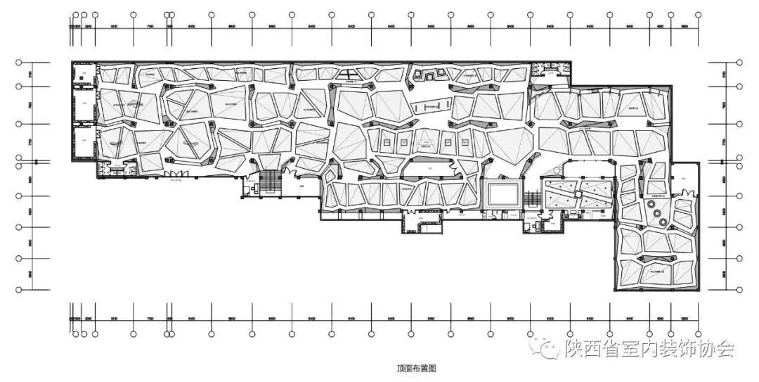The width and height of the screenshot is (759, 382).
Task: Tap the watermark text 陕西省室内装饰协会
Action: coord(650,349)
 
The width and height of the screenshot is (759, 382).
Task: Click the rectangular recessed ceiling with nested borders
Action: coord(502,193)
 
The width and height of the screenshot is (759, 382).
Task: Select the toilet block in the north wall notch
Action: coord(545,68)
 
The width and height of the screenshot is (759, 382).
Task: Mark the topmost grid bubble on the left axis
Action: coord(20,62)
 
